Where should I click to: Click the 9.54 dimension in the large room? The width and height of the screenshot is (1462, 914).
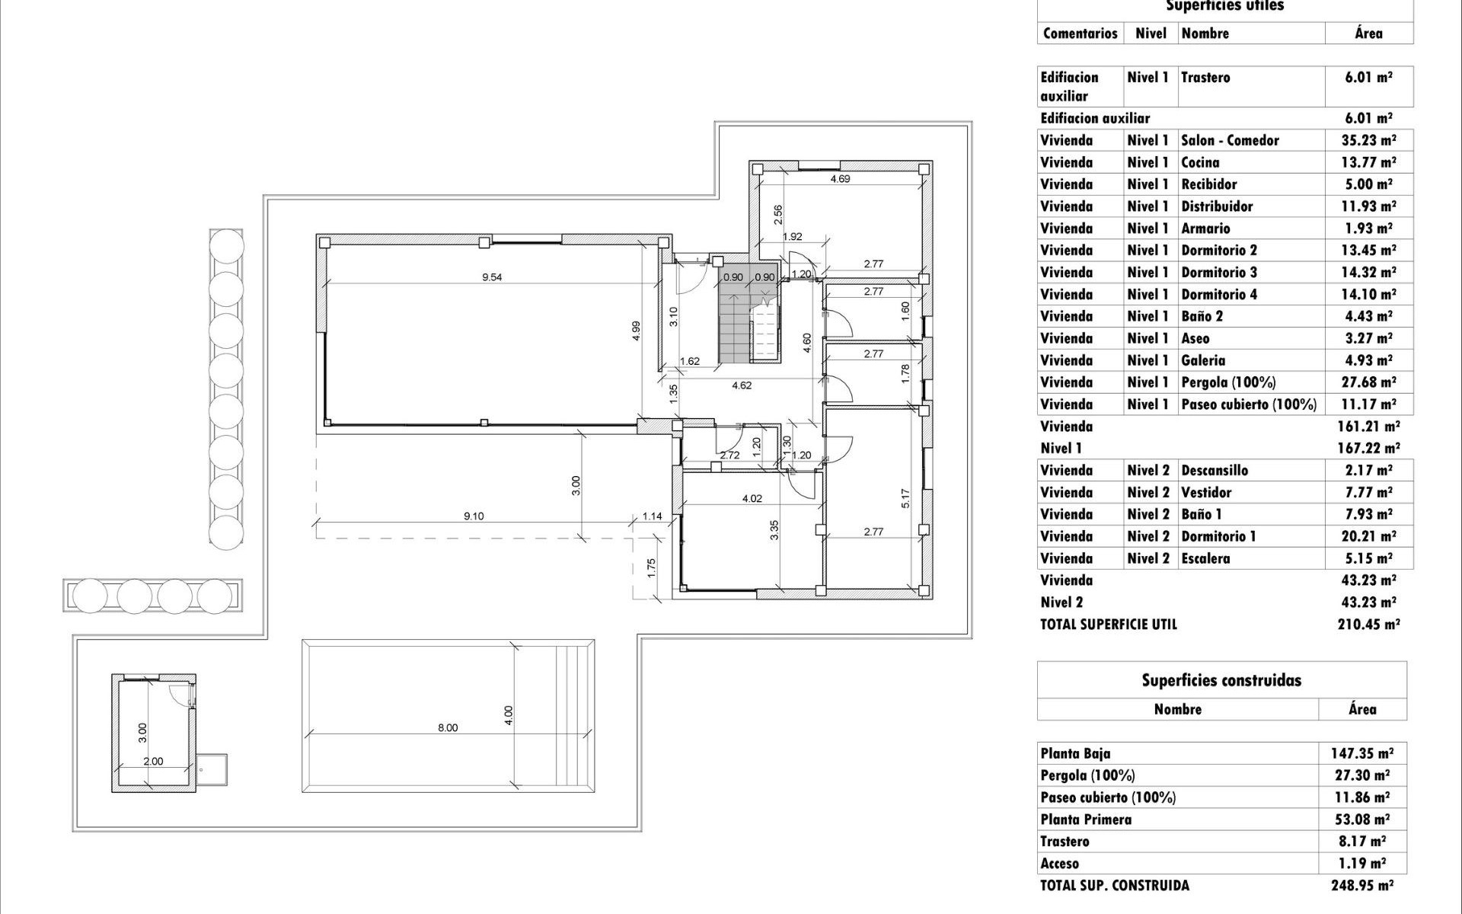[492, 277]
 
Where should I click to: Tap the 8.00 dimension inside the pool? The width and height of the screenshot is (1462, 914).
[448, 727]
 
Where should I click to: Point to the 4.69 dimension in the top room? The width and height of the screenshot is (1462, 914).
[840, 179]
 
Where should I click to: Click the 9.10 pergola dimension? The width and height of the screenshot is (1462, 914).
[474, 516]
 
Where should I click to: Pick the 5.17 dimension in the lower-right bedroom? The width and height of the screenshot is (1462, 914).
[905, 499]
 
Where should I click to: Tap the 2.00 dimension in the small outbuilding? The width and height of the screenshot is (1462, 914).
[153, 761]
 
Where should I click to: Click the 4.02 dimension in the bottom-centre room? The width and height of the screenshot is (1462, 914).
[752, 499]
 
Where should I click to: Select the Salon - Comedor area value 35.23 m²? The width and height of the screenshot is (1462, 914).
[1368, 140]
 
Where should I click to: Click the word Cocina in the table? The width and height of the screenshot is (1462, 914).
[1200, 162]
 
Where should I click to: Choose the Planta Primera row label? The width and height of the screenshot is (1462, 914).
[1086, 820]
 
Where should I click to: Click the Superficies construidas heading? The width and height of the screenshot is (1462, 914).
[1221, 680]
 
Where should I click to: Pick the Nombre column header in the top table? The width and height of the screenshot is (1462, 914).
[1205, 33]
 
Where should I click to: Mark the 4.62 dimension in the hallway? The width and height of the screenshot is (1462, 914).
[742, 385]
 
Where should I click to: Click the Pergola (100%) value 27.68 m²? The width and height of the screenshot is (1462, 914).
[1368, 382]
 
